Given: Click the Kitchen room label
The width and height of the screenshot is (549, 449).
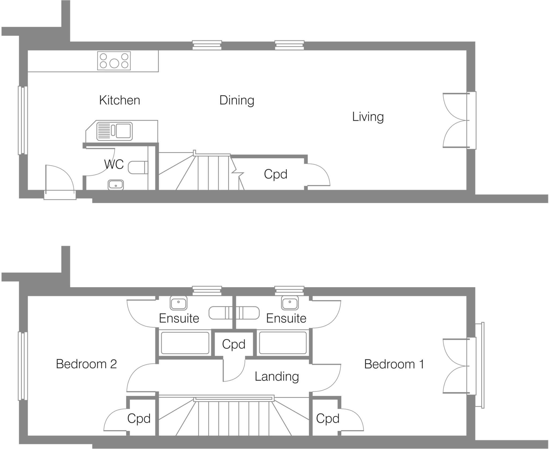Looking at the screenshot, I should point(120,100).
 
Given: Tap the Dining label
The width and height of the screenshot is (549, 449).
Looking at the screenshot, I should point(236,100).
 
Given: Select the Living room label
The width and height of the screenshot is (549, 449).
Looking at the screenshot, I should point(368,117).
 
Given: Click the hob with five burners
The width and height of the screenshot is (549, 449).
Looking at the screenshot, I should point(114,61).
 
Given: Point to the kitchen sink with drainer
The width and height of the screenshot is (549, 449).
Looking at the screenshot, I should point(114,131).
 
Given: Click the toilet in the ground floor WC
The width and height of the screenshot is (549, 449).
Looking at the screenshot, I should point(138,168).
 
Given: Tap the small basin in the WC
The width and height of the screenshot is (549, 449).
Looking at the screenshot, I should point(116,185).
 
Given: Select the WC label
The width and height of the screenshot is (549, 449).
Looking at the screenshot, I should point(114,164).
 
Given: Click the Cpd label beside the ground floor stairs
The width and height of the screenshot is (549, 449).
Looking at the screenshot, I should point(275,174).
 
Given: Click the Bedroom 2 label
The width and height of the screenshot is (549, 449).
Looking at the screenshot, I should point(86,364).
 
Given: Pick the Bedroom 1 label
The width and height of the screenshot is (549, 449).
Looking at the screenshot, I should point(394,364).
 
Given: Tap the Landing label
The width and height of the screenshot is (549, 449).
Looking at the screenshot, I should point(277,376).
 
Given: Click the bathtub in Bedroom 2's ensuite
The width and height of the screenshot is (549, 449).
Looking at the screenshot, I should point(185,343).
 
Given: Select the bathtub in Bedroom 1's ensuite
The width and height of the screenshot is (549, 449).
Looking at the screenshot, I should point(283,343).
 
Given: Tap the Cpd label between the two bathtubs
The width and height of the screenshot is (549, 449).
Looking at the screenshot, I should point(233,344).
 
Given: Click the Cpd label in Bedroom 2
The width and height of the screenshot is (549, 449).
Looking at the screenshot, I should point(139,418).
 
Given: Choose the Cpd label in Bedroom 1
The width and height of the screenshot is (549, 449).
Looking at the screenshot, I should point(328,418).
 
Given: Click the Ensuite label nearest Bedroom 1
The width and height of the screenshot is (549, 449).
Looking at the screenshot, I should point(286,319).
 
